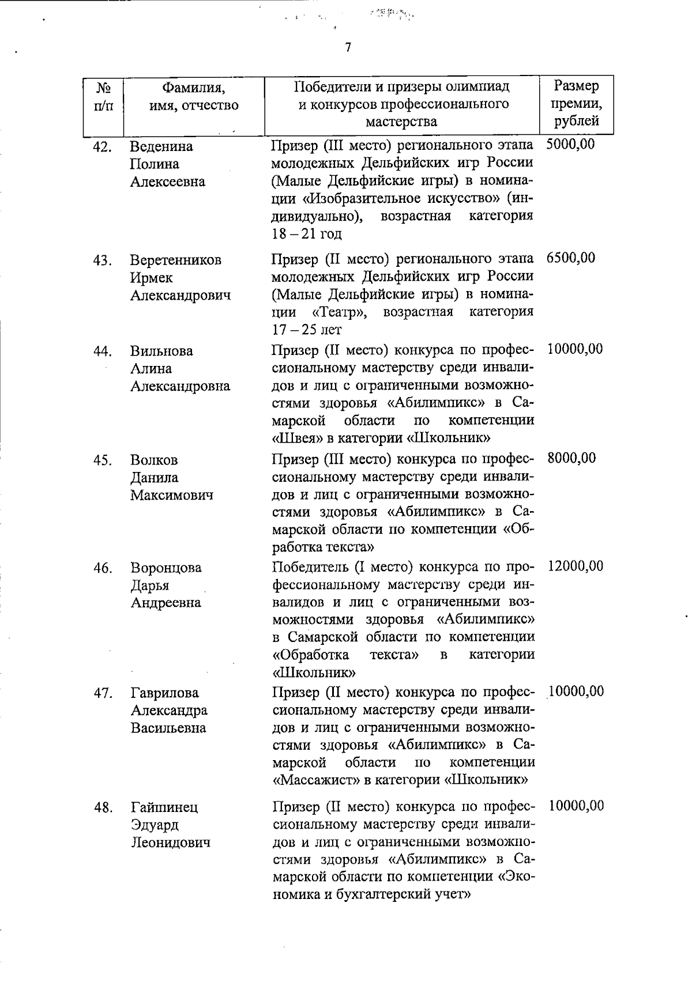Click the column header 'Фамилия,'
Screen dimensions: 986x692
(193, 88)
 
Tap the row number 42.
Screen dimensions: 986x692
(102, 147)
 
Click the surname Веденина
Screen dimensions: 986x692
(161, 146)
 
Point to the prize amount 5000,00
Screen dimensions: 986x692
(570, 143)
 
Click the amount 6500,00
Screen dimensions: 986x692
(570, 258)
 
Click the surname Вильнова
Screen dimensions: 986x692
(161, 351)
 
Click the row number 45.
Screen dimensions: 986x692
(102, 460)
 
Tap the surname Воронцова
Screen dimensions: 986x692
(166, 568)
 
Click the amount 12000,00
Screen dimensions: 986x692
(575, 566)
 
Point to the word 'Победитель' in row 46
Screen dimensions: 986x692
(309, 567)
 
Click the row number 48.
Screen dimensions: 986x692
(103, 808)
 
